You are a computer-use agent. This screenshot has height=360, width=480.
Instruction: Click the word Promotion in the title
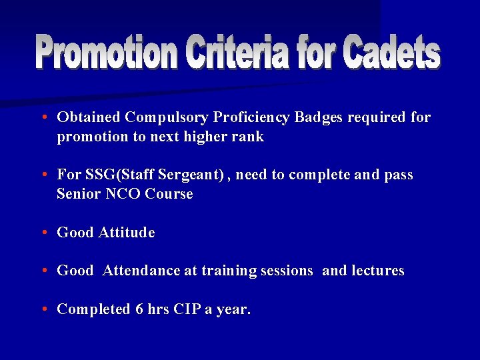(x=107, y=53)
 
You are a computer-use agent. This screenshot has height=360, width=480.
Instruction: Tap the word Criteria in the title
(x=238, y=53)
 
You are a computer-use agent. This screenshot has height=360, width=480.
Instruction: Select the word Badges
(x=319, y=118)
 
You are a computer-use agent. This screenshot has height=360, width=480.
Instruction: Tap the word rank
(x=249, y=137)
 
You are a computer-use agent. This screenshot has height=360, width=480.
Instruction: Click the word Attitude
(x=127, y=233)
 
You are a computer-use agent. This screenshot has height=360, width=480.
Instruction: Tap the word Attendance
(x=142, y=271)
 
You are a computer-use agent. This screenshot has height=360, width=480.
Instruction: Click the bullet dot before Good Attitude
(x=43, y=233)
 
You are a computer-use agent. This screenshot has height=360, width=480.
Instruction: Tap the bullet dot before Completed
(x=43, y=309)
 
